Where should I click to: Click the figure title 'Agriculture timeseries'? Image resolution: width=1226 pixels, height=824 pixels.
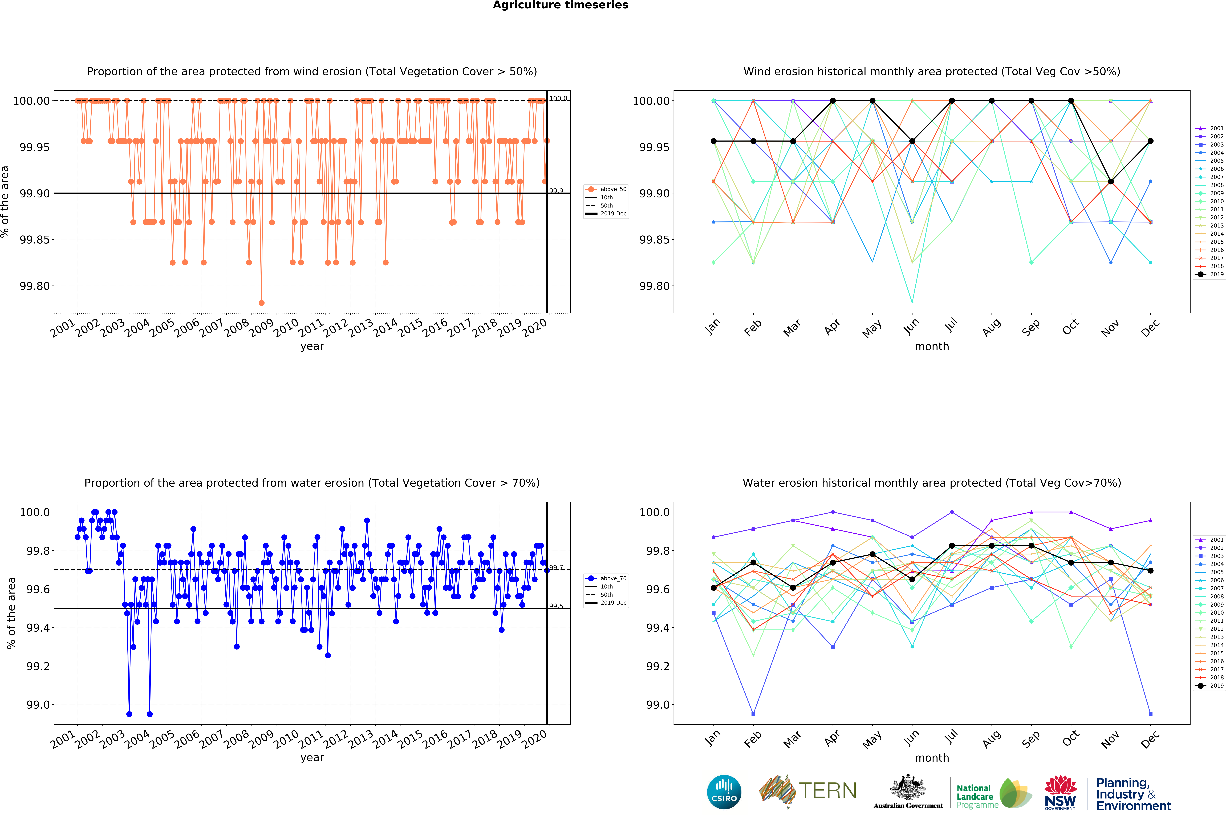click(560, 5)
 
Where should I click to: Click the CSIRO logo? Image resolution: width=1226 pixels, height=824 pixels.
click(724, 792)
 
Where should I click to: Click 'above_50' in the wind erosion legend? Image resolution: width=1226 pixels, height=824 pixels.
click(613, 189)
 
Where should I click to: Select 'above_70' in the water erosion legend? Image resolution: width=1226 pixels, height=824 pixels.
click(613, 578)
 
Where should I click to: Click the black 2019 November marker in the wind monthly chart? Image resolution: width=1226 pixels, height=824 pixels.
click(1110, 181)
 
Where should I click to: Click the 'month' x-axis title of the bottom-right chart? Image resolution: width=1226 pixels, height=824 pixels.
click(932, 758)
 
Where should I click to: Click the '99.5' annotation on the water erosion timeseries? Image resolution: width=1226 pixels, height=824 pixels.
click(556, 606)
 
